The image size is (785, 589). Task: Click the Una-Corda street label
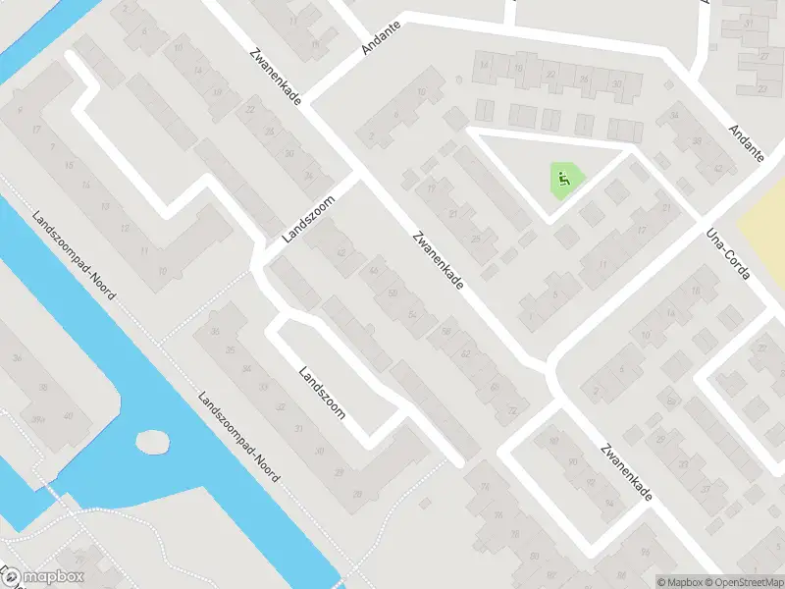(728, 255)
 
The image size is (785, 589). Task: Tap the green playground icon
(562, 180)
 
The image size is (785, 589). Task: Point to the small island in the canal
(151, 442)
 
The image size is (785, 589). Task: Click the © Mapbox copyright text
(678, 582)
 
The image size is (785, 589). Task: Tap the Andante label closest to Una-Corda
(747, 143)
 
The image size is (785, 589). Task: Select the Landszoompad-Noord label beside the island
(238, 438)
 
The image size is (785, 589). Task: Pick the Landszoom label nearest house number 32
(322, 393)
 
